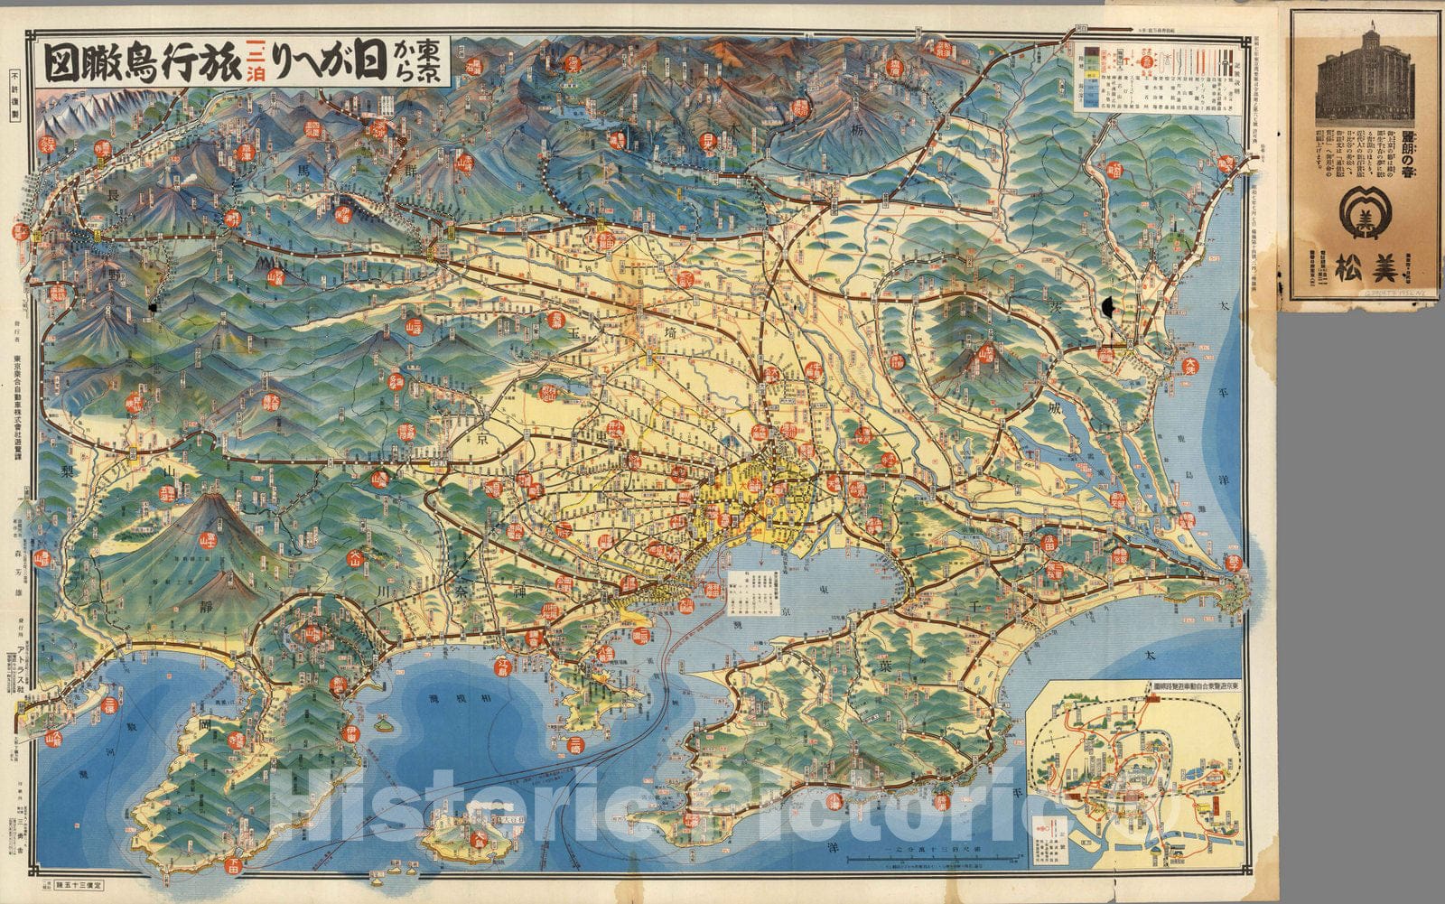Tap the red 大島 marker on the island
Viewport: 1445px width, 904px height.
(480, 839)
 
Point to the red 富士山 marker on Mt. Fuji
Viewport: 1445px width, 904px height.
(207, 541)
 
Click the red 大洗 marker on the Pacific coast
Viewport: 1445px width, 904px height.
(1189, 366)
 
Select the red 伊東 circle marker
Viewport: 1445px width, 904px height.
(351, 733)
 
